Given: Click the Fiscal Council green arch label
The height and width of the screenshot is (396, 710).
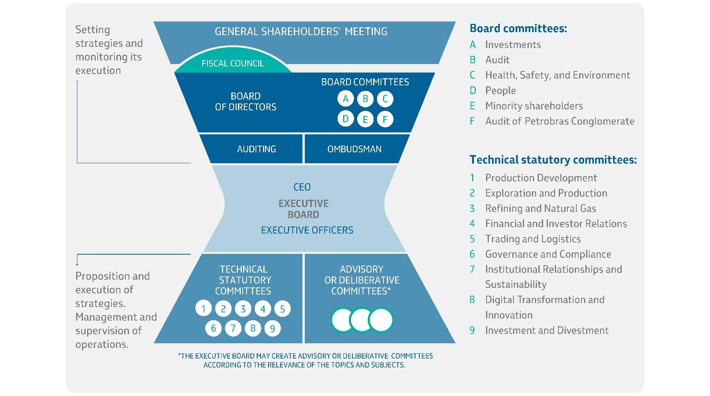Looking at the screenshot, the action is click(x=233, y=63).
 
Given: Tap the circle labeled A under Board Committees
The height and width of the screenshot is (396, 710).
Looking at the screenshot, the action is click(x=345, y=99).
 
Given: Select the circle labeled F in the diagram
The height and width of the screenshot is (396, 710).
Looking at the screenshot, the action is click(x=385, y=119).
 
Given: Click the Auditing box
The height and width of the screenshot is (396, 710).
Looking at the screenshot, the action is click(x=256, y=149).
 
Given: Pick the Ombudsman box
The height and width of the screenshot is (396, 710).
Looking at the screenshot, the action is click(x=354, y=149).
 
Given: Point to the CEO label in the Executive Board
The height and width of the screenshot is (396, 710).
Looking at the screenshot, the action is click(x=302, y=187).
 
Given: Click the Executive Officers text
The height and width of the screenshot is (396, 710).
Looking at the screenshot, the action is click(x=307, y=230).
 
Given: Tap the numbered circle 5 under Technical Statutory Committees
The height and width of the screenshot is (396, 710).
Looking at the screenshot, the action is click(x=282, y=309).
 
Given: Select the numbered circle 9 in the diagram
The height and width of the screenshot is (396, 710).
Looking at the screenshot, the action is click(x=272, y=328).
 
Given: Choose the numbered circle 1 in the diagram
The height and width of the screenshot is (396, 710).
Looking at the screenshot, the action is click(x=203, y=309).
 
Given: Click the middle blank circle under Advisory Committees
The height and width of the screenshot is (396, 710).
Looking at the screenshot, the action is click(x=362, y=320).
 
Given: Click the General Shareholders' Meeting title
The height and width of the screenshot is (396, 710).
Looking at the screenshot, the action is click(x=301, y=31).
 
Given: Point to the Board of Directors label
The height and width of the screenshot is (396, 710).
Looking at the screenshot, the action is click(x=246, y=102).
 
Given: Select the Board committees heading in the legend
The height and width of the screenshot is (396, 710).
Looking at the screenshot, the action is click(x=518, y=28).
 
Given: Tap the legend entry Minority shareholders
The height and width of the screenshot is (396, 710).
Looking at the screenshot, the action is click(x=534, y=106).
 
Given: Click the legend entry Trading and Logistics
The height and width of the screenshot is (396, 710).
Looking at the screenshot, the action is click(x=533, y=239).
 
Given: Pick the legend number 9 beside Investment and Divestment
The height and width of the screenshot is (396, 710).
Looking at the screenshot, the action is click(x=472, y=330).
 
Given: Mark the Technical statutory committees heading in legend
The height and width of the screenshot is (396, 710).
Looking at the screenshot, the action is click(x=553, y=160).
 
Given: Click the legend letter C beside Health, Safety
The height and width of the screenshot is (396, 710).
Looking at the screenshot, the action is click(x=472, y=75).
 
